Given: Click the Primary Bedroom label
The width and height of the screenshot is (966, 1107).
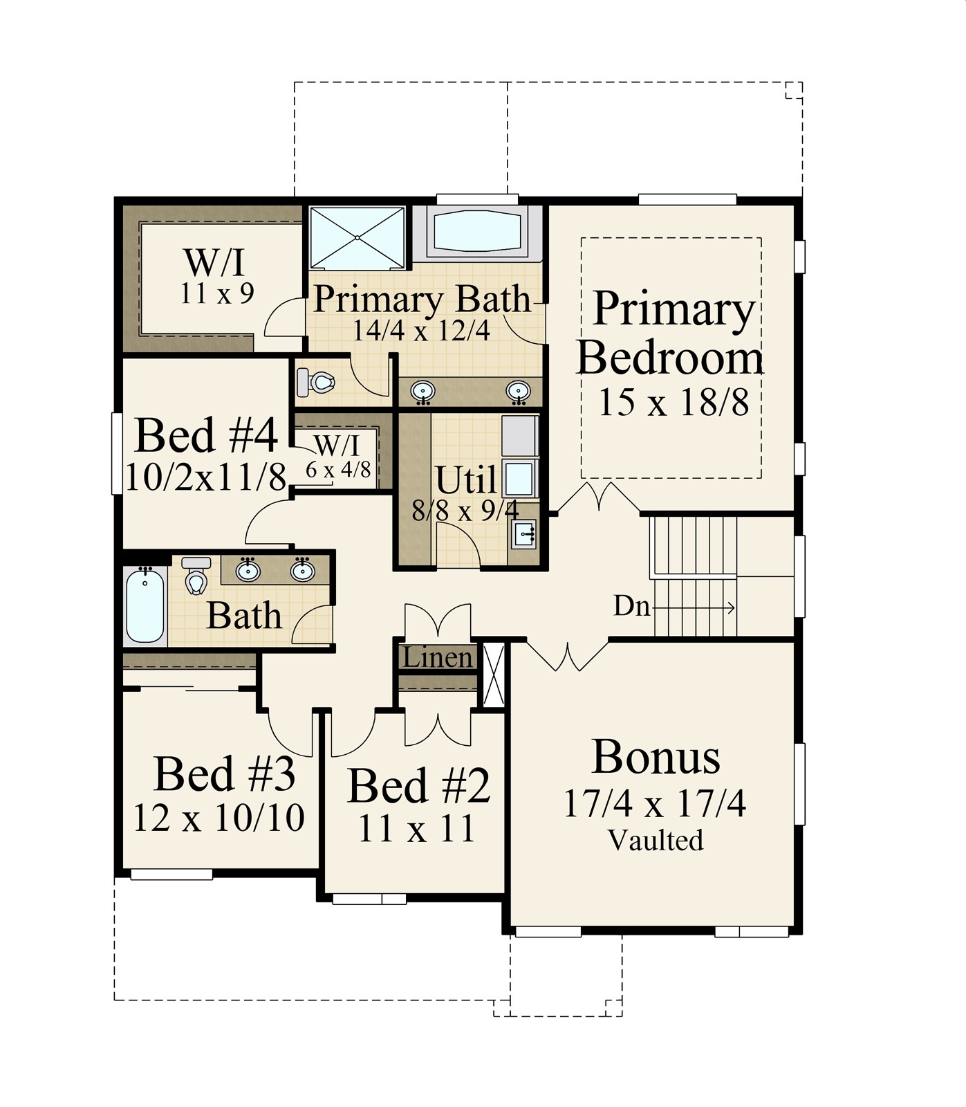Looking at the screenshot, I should [670, 333].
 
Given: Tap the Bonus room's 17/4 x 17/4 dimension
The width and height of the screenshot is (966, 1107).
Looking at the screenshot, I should [654, 804].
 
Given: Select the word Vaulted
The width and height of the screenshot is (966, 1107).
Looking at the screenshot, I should [656, 840].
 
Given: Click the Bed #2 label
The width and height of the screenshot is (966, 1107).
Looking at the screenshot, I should [418, 786].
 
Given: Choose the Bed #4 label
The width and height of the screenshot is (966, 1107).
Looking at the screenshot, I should [206, 436].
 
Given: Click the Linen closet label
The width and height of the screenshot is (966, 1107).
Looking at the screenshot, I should [437, 657].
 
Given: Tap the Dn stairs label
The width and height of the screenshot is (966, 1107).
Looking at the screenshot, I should [631, 607].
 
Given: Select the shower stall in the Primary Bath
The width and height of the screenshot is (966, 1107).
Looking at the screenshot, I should [357, 237].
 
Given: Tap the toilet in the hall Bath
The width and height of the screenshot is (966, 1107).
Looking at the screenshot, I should [196, 577].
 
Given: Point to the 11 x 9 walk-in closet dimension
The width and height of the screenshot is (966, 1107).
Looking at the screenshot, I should [217, 294].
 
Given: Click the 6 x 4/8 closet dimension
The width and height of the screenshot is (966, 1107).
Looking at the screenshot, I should [338, 470].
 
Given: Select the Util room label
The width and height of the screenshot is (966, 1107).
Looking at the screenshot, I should [465, 479].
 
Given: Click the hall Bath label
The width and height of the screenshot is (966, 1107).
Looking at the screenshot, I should [244, 616].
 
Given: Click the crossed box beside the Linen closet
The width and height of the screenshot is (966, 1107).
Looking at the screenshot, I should [494, 675].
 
